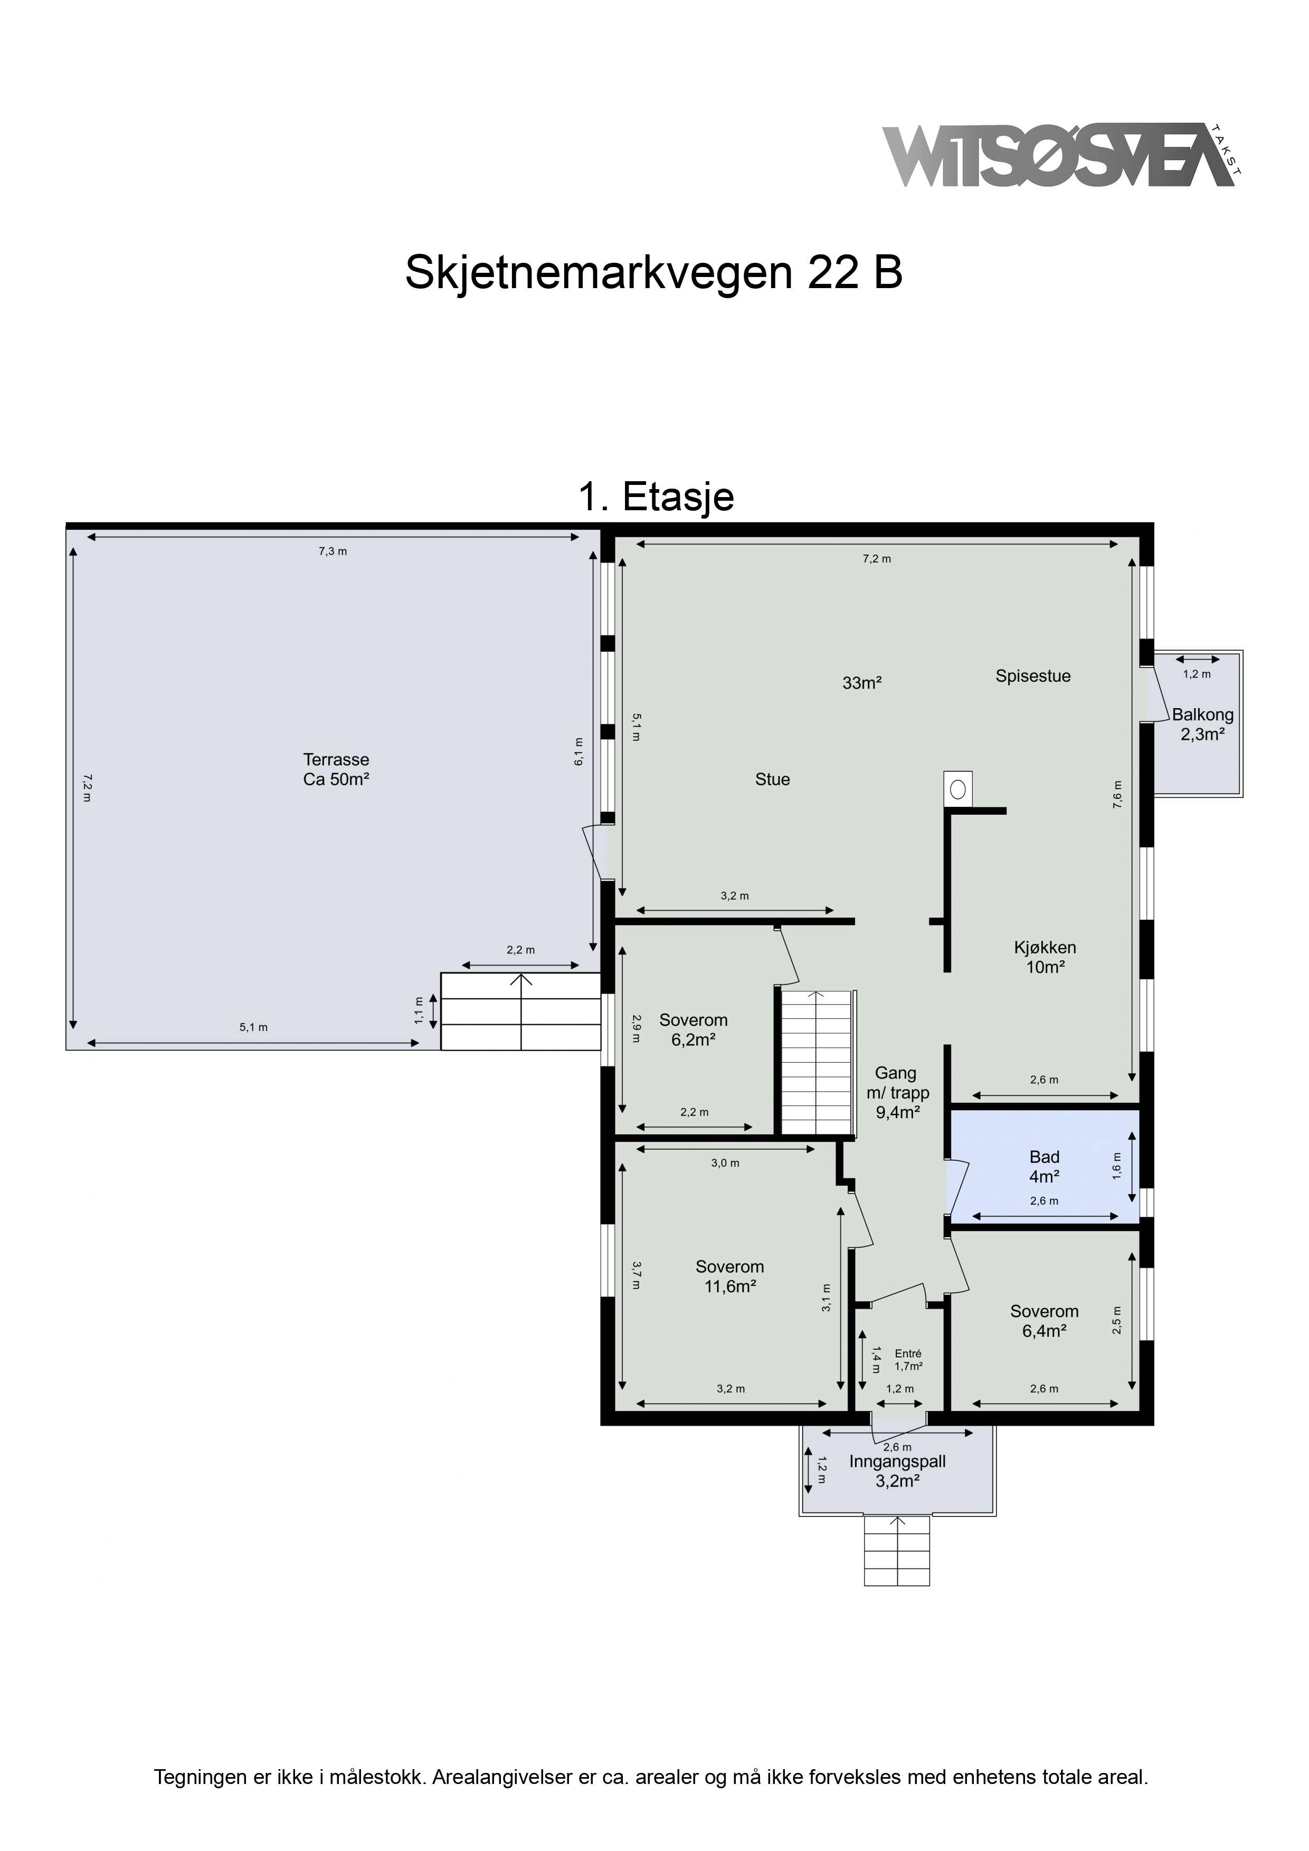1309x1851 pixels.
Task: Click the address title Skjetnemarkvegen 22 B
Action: point(653,272)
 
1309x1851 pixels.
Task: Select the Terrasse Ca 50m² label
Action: point(336,769)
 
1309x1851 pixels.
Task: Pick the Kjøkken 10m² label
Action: point(1045,957)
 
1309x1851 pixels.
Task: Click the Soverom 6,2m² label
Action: point(693,1029)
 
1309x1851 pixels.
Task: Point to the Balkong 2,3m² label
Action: point(1202,724)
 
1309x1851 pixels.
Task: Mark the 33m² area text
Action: point(861,683)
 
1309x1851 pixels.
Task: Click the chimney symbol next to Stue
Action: point(957,788)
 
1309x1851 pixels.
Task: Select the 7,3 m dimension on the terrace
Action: point(333,551)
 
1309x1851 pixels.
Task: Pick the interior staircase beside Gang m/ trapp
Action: point(816,1063)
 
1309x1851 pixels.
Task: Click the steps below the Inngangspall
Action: point(896,1550)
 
